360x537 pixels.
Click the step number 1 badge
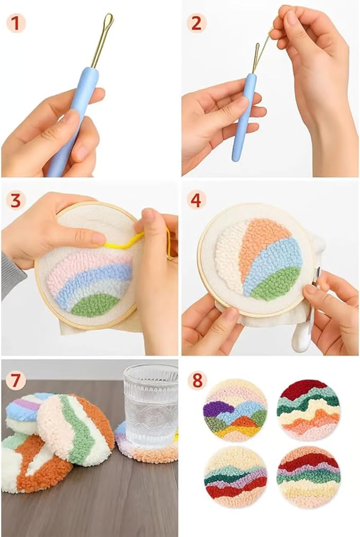[x=16, y=23]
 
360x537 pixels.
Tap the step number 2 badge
[x=196, y=23]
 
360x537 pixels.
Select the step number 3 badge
[x=16, y=201]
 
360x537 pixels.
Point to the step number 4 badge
[x=196, y=201]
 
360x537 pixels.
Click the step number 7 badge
[x=16, y=380]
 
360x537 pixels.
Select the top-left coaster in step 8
[x=235, y=410]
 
